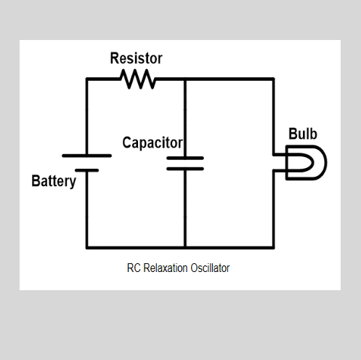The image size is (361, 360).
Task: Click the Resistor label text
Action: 136,58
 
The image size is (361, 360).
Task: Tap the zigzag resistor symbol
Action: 139,79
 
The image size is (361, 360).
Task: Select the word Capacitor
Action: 152,143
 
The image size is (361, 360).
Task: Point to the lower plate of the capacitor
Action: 185,168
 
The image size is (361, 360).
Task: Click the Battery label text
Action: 54,181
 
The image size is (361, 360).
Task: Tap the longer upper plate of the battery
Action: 86,156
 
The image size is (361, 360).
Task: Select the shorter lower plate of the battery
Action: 86,169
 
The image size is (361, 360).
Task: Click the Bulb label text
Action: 303,135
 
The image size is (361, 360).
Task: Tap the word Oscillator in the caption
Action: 211,268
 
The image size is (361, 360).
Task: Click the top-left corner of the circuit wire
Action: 86,79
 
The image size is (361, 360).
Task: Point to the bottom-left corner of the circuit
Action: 86,247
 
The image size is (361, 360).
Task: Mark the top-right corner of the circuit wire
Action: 274,79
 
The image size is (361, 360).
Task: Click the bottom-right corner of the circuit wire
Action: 274,247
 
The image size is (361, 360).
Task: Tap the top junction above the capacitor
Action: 185,79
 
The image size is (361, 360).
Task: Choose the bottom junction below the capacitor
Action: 185,247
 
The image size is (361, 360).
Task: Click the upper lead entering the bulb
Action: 280,155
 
